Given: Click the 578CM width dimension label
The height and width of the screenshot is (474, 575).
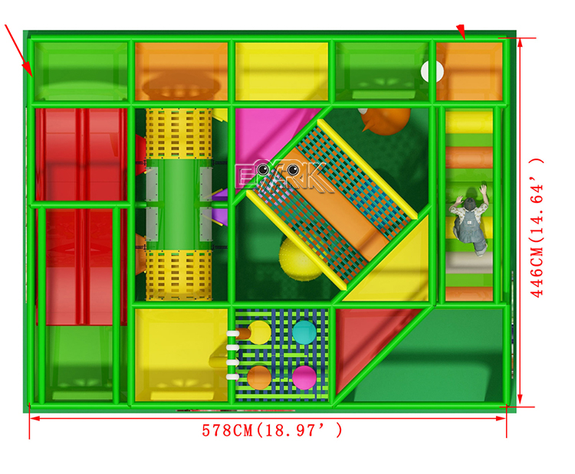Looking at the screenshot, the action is click(x=271, y=430).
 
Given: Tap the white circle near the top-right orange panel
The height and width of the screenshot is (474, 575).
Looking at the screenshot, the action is click(x=432, y=71).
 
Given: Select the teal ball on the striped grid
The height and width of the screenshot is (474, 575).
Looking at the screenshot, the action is click(x=304, y=332).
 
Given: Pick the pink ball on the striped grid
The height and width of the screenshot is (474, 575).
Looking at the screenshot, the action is click(x=304, y=378).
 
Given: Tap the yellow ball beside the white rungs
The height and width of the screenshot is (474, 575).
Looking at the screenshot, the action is click(x=259, y=332).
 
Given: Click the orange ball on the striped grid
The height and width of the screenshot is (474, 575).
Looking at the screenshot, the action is click(x=259, y=378).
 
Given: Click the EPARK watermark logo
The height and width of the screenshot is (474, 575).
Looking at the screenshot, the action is click(x=283, y=177).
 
